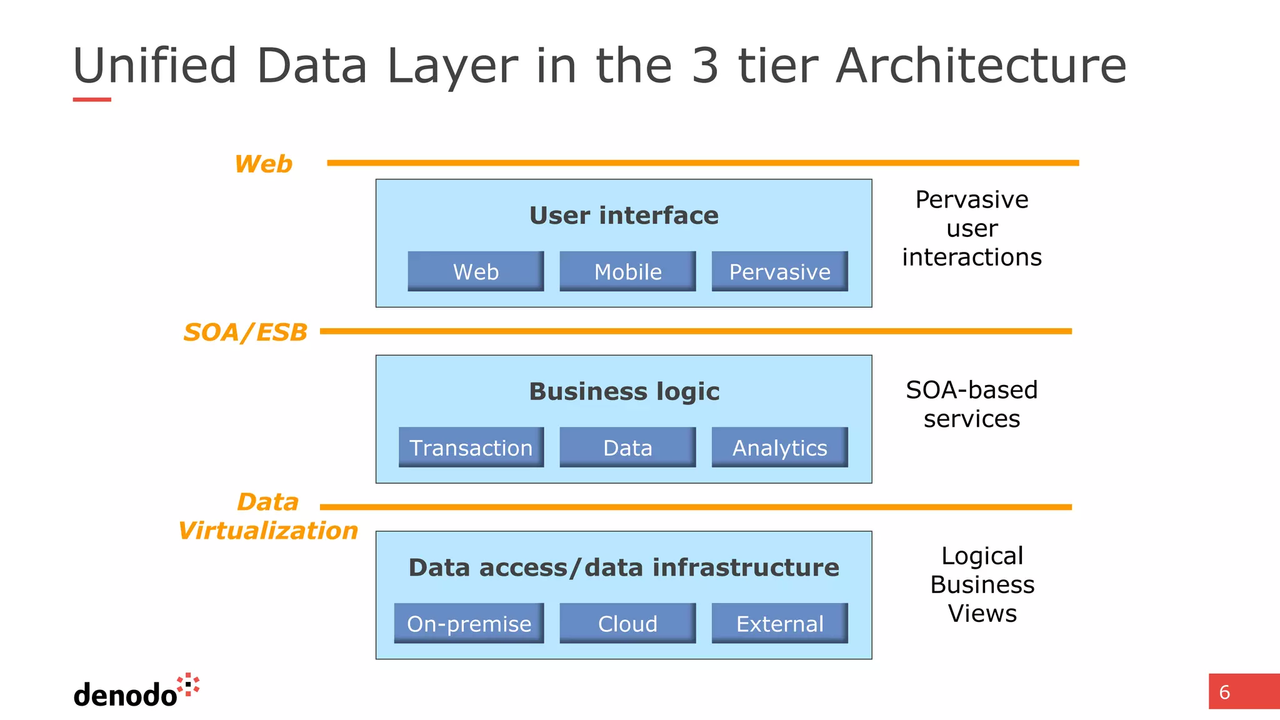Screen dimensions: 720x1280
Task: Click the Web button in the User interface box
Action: [x=476, y=271]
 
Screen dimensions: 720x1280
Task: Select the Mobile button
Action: [x=627, y=271]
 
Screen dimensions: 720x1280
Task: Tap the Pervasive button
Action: [x=779, y=271]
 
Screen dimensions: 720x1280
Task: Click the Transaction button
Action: [x=471, y=447]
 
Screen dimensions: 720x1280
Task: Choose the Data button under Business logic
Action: [x=627, y=447]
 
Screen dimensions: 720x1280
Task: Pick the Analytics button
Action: [x=779, y=447]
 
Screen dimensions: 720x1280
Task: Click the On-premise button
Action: [x=469, y=623]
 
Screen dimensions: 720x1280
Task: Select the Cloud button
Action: [x=627, y=623]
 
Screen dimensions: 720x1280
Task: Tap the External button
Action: [x=779, y=623]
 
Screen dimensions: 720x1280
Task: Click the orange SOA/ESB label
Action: [x=246, y=332]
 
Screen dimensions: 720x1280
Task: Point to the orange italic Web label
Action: [x=263, y=164]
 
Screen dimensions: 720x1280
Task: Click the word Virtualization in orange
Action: [x=268, y=531]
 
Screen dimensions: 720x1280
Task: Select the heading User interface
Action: [x=624, y=216]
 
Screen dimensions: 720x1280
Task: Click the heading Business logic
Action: [x=624, y=392]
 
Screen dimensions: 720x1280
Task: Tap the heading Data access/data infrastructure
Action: [x=624, y=567]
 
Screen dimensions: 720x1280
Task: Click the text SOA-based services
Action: [x=972, y=404]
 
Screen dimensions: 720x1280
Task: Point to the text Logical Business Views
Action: [x=982, y=584]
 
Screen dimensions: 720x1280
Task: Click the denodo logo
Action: [x=136, y=692]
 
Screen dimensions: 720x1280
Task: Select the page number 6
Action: [x=1225, y=692]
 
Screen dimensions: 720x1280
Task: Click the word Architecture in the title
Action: [x=981, y=66]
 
